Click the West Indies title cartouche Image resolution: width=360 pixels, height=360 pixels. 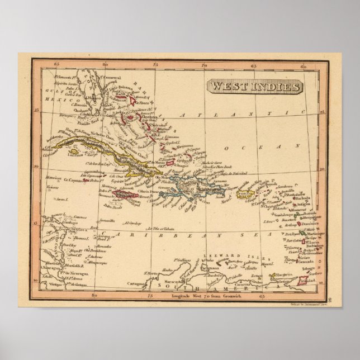click(255, 88)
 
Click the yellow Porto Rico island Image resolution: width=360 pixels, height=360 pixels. click(244, 195)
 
